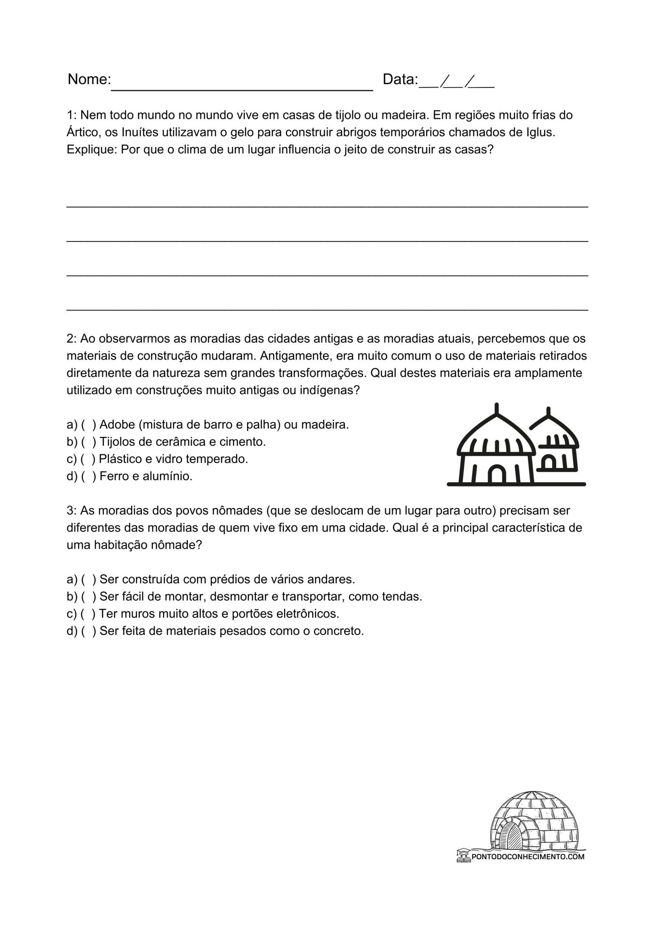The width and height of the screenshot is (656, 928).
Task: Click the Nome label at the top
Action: pos(89,79)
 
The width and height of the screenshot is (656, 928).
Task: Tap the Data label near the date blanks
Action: pos(400,79)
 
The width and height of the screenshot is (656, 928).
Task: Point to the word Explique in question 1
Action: pos(91,150)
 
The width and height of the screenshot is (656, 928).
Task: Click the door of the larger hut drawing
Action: pos(497,475)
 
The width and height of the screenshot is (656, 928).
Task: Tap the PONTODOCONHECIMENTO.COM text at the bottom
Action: pos(527,857)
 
